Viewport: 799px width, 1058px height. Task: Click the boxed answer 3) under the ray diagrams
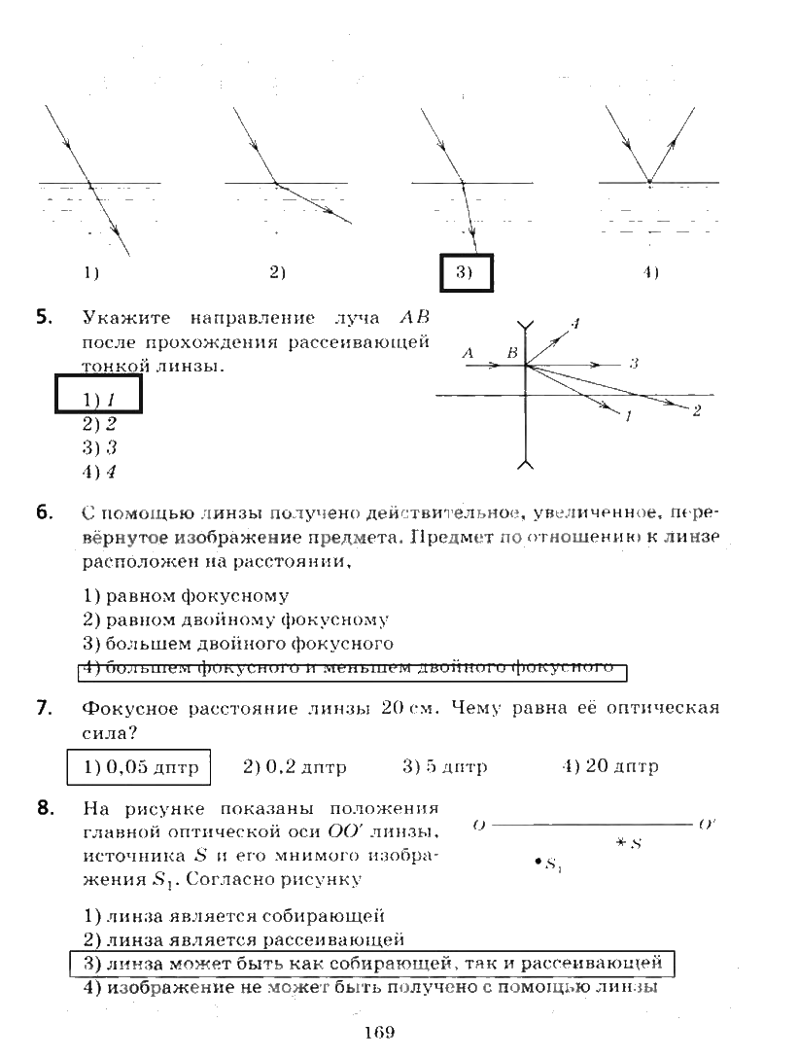pos(468,273)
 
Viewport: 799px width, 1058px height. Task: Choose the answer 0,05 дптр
pos(140,766)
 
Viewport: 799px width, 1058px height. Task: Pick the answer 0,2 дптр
pos(295,766)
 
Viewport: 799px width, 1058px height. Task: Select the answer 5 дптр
pos(444,766)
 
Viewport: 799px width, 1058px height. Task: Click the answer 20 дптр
pos(609,766)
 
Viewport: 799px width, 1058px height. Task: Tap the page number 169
pos(379,1033)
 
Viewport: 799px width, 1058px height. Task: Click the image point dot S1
pos(538,861)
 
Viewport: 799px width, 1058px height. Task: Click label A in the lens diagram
pos(468,354)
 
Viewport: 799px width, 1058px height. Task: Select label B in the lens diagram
pos(510,354)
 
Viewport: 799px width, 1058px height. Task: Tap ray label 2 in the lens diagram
pos(697,411)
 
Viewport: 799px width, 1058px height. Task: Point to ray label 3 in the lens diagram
pos(633,364)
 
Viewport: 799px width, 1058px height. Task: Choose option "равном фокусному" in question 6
pos(186,595)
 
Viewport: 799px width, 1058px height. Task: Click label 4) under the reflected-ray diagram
pos(650,273)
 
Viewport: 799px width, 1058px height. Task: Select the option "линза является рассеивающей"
pos(243,939)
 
